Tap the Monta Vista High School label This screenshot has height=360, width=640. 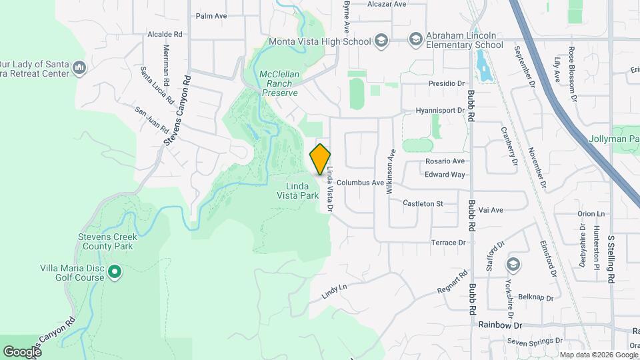pyautogui.click(x=319, y=41)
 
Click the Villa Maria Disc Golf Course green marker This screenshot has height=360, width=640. pyautogui.click(x=115, y=271)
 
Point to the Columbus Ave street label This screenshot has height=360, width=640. pyautogui.click(x=360, y=183)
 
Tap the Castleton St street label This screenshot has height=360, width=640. pyautogui.click(x=423, y=203)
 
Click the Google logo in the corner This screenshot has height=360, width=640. pyautogui.click(x=22, y=351)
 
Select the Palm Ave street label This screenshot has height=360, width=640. pyautogui.click(x=212, y=15)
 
